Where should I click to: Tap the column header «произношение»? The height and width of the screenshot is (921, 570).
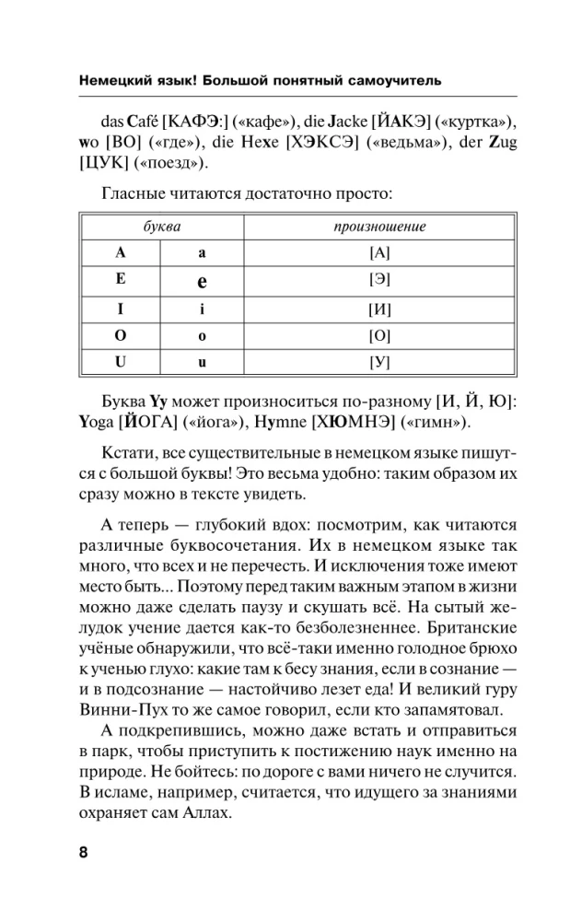[x=380, y=227]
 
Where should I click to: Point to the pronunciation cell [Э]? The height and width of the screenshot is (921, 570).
[x=380, y=279]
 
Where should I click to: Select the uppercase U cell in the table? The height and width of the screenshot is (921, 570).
[x=120, y=362]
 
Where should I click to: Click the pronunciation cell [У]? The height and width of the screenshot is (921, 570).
[x=380, y=362]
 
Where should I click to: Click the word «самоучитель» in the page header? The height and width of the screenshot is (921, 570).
[x=396, y=80]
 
